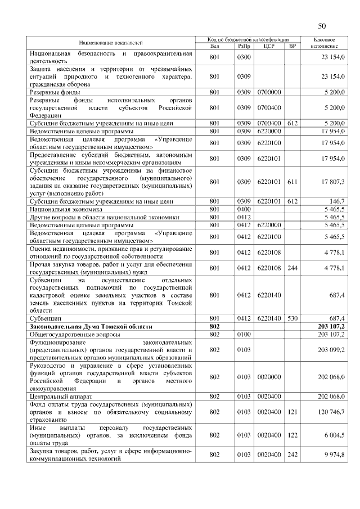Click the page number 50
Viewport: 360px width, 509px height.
point(322,26)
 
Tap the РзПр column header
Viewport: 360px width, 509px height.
point(244,46)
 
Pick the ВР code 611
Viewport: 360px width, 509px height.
point(291,182)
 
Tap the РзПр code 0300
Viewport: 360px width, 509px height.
point(244,57)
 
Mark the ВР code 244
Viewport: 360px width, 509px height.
point(291,268)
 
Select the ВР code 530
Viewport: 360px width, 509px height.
point(291,318)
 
